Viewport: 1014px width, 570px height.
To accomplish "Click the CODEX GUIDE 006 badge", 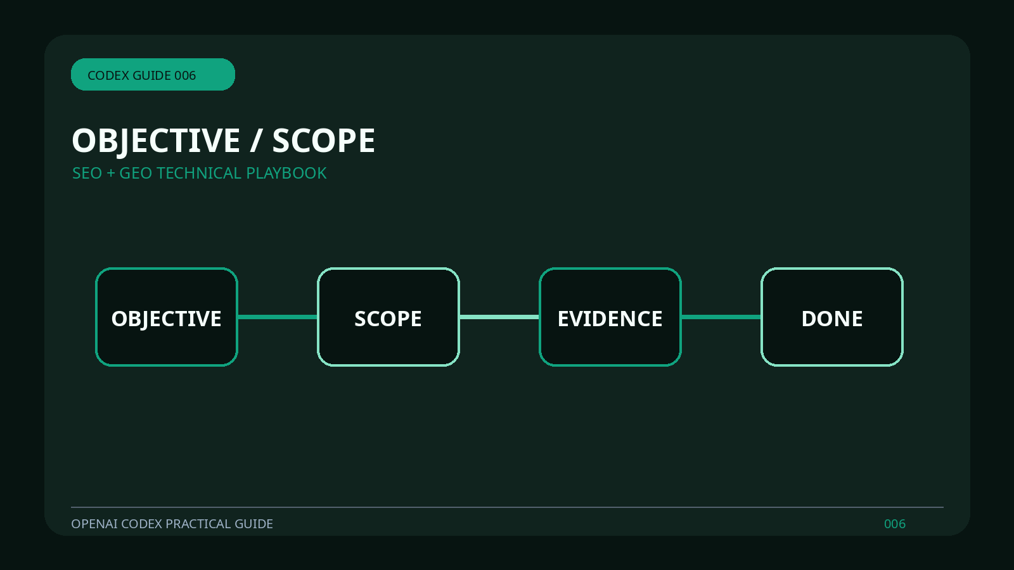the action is coord(153,74).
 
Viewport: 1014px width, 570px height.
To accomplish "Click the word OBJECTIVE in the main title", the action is coord(156,141).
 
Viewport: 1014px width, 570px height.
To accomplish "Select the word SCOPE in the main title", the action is coord(324,141).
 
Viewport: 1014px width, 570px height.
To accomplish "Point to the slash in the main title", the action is coord(256,141).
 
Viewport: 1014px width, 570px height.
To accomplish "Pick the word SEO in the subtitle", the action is coord(87,174).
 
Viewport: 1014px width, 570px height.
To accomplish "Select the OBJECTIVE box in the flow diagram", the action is coord(167,317).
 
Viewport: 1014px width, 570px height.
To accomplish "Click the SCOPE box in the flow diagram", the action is coord(388,317).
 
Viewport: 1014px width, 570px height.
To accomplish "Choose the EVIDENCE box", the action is coord(610,317).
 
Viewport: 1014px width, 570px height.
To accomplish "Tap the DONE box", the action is coord(832,317).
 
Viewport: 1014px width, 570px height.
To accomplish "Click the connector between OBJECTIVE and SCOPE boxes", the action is coord(278,317).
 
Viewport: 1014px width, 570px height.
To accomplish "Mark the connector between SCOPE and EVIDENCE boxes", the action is coord(499,317).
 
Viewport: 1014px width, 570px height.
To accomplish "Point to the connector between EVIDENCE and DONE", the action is coord(721,317).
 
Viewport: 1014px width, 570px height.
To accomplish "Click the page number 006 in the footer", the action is coord(895,524).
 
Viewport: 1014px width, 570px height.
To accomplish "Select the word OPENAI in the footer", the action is coord(94,524).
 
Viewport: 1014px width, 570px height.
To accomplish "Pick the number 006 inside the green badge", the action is coord(185,75).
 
